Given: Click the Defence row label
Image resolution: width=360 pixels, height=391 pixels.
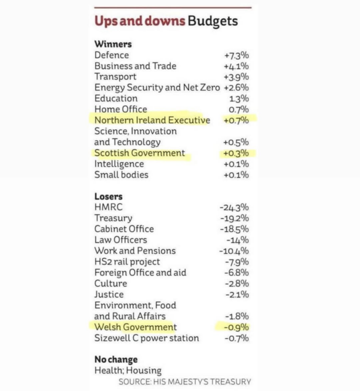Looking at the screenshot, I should tap(112, 55).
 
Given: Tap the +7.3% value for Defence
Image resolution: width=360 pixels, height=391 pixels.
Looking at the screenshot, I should tap(236, 55).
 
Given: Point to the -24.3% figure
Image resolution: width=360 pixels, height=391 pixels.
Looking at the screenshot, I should tap(234, 207).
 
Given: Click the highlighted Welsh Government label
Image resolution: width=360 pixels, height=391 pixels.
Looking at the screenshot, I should tap(135, 327).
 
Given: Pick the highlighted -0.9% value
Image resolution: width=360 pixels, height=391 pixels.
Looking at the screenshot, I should tap(236, 327).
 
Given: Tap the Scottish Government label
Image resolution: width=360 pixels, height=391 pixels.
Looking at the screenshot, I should tap(140, 153).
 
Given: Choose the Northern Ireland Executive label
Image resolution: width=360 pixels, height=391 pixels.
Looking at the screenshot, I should tap(152, 120).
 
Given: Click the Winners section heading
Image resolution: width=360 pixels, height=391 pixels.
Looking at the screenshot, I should tap(113, 44).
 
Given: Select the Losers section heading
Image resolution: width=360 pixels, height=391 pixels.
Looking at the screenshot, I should tap(109, 197).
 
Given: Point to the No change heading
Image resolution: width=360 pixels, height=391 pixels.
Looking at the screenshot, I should tap(116, 359).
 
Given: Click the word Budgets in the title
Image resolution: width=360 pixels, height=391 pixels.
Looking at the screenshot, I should tap(213, 21).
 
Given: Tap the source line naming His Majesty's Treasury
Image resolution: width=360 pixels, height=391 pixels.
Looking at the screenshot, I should tap(184, 382).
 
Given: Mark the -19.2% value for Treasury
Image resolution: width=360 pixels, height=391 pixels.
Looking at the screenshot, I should tap(234, 218).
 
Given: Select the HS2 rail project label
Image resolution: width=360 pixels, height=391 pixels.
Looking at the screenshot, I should tap(127, 262).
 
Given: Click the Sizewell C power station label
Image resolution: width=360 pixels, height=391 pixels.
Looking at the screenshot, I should tap(147, 338).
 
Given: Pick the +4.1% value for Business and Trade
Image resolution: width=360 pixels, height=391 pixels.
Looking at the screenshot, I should tap(236, 66).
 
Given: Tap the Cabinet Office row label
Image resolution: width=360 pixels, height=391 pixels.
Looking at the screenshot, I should tap(124, 229).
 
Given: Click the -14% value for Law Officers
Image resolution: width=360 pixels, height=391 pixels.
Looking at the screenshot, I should tap(237, 240).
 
